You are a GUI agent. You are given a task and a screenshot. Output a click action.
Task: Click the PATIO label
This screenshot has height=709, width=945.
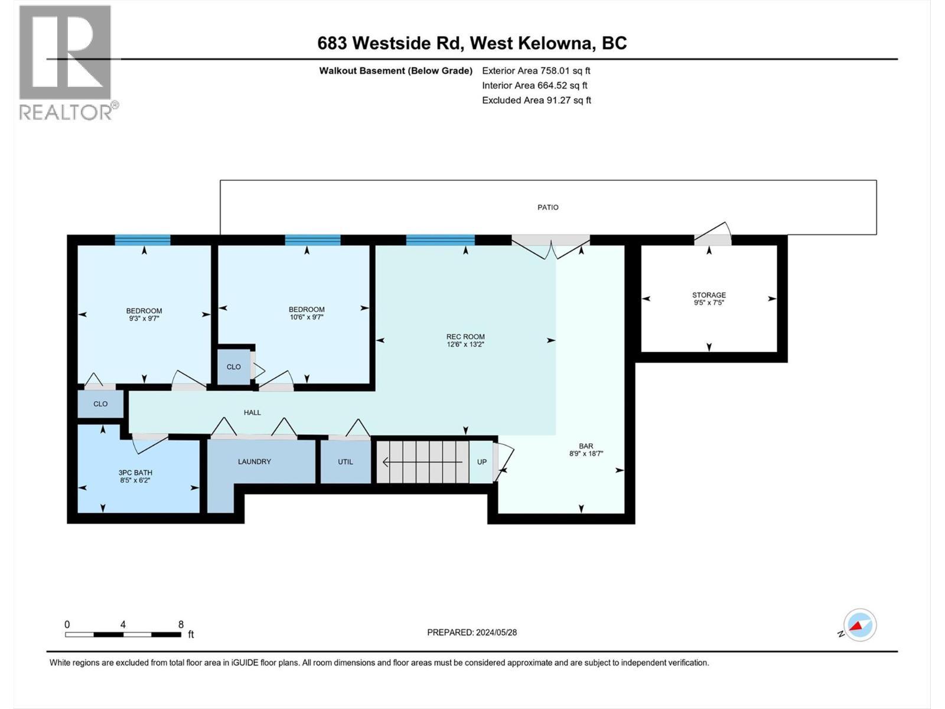tap(548, 207)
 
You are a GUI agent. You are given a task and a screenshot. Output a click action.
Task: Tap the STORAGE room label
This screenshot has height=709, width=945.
tap(709, 295)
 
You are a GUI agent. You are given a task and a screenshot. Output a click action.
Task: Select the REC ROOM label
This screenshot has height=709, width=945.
tap(465, 337)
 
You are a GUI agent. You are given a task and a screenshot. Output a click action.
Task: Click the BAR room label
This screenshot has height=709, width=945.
tap(586, 446)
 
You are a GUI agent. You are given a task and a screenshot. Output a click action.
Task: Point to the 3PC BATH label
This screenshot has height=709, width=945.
tap(135, 473)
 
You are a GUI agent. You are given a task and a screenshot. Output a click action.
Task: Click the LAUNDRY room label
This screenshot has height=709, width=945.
tap(254, 461)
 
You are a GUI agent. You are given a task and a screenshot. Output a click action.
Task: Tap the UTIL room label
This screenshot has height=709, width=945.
tap(346, 461)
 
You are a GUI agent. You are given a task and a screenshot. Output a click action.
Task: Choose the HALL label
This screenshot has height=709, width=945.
tap(252, 412)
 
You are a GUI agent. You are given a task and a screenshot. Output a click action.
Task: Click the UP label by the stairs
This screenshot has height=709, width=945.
tap(482, 462)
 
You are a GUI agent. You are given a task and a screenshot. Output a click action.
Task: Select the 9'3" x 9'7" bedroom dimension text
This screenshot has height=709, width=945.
tap(144, 318)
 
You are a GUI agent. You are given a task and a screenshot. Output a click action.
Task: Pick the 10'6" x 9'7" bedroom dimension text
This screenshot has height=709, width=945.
tap(307, 317)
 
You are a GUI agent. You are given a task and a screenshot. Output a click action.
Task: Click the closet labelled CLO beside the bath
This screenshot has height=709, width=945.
tap(100, 404)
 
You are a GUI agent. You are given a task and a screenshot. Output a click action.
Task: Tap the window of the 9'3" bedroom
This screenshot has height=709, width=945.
tap(142, 240)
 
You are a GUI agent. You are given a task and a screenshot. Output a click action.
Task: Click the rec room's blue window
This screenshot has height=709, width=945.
tap(440, 240)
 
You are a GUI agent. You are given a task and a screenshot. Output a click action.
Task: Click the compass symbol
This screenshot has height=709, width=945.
tap(860, 625)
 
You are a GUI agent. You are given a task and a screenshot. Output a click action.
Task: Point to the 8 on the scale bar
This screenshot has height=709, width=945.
tap(181, 625)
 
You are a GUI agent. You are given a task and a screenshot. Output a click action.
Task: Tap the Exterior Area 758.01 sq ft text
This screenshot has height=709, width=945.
tap(536, 70)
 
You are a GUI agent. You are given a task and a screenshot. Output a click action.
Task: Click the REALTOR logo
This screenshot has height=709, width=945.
tap(66, 62)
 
